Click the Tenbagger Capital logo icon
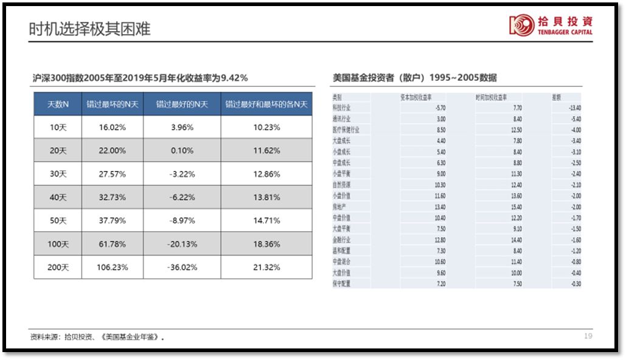click(521, 25)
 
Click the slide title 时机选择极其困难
click(89, 29)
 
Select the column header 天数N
click(58, 104)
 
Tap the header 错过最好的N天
click(182, 104)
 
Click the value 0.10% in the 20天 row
click(182, 150)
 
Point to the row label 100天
click(58, 244)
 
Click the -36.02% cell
click(182, 267)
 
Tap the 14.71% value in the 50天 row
click(266, 221)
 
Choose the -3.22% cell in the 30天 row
click(182, 174)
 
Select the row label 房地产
click(339, 207)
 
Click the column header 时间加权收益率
click(492, 97)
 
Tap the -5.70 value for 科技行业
click(440, 108)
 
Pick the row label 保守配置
click(341, 283)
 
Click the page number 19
click(588, 336)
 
